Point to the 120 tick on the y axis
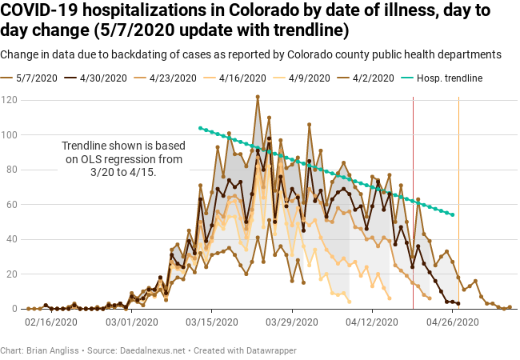point(10,100)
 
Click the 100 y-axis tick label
point(10,134)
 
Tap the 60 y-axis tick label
point(12,205)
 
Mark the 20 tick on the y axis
point(12,274)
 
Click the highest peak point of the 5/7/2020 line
point(258,97)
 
